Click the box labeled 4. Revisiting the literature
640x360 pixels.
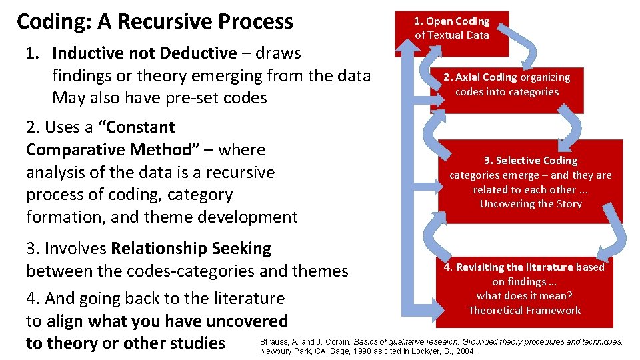coord(524,288)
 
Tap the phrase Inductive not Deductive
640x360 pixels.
coord(144,53)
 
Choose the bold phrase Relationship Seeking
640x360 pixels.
coord(191,249)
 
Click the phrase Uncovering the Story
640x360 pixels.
coord(531,204)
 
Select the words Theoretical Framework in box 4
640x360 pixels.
coord(524,310)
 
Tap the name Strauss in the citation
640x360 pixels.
coord(275,342)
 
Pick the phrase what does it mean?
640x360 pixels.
coord(524,296)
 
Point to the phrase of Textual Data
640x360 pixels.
coord(452,35)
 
